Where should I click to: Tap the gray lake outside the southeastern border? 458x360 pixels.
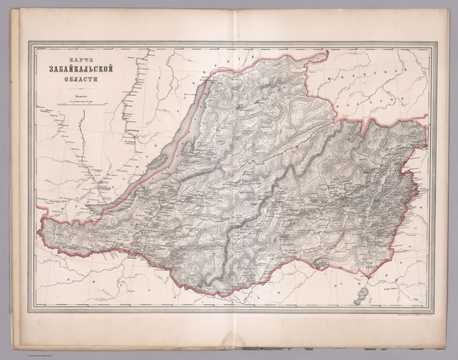[362, 295]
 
